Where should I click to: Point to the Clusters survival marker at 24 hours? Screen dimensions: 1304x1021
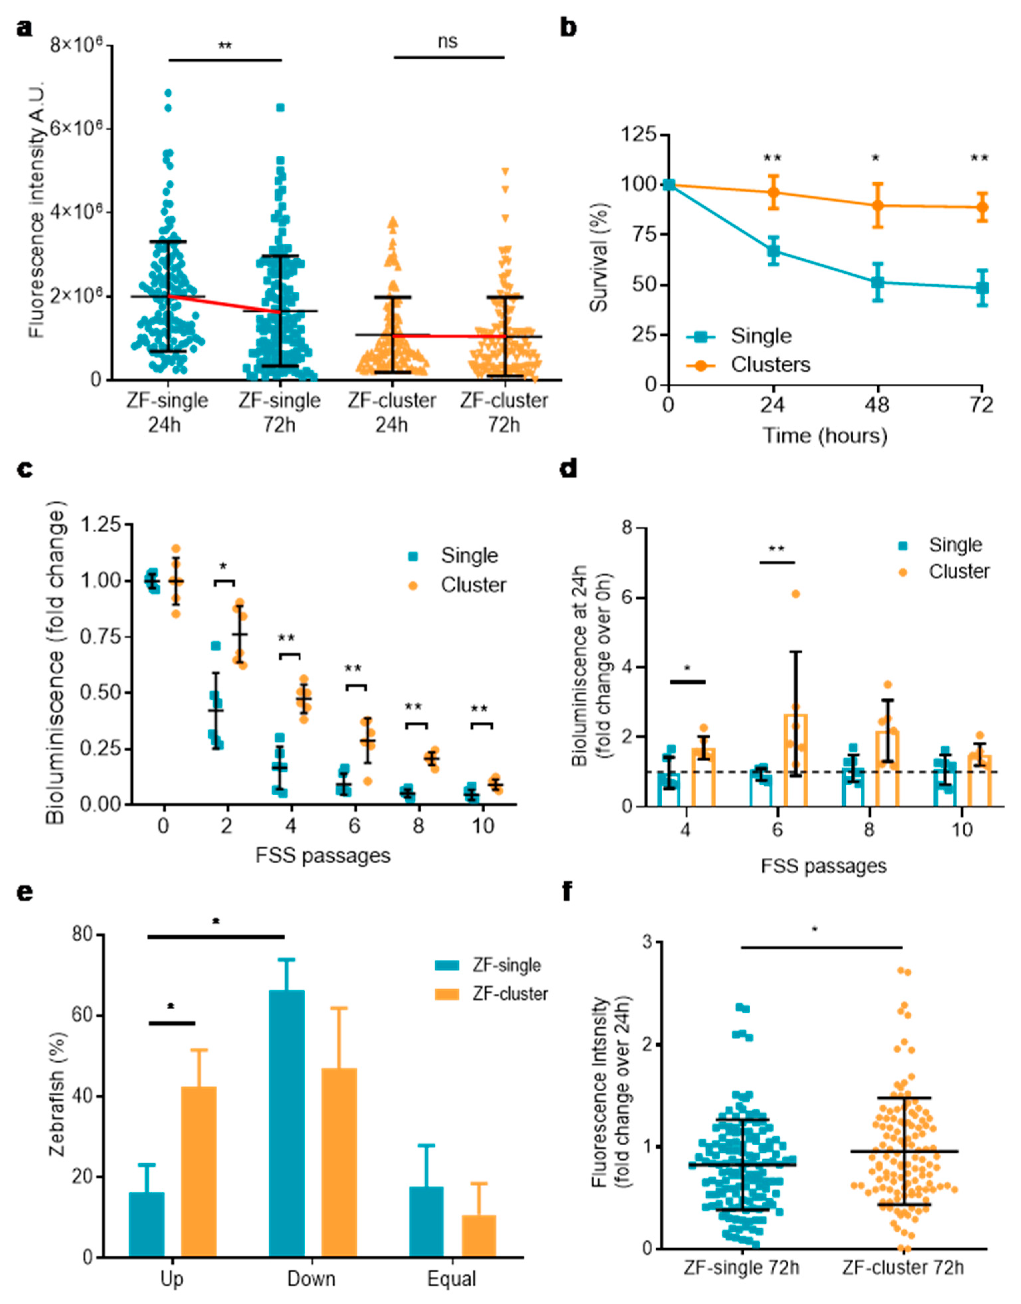coord(774,192)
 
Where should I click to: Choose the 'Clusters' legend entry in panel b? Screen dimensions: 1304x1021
coord(770,365)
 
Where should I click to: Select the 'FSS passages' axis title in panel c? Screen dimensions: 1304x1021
coord(323,855)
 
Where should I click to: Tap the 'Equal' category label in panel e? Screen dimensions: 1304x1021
coord(452,1279)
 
